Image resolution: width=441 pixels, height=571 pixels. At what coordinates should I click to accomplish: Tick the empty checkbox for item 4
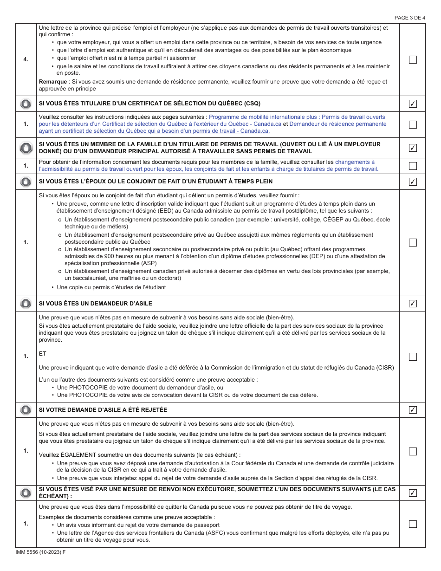click(413, 59)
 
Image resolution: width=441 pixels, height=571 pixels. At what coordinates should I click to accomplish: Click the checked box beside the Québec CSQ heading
click(413, 104)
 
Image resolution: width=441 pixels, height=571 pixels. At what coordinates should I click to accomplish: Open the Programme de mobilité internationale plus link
click(297, 117)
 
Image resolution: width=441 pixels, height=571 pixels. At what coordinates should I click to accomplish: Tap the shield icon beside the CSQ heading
click(26, 104)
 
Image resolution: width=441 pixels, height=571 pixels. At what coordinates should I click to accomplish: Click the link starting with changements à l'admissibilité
click(355, 162)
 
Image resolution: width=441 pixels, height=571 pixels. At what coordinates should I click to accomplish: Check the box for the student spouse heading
click(413, 182)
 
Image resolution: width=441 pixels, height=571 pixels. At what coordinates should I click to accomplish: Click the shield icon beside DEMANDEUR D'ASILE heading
click(26, 304)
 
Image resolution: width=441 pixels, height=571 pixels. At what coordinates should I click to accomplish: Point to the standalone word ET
click(43, 353)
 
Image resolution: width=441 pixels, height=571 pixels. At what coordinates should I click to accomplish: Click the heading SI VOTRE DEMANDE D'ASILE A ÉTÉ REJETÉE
click(103, 410)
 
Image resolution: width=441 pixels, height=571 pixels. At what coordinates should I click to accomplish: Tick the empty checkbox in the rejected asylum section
click(413, 451)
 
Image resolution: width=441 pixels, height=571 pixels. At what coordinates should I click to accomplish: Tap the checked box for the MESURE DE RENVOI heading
click(413, 493)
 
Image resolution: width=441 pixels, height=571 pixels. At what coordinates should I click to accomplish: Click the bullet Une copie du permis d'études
click(111, 287)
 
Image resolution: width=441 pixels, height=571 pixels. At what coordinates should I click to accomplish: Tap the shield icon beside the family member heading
click(26, 148)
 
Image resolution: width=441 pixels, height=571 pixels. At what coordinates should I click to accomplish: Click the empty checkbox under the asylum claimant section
click(413, 357)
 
